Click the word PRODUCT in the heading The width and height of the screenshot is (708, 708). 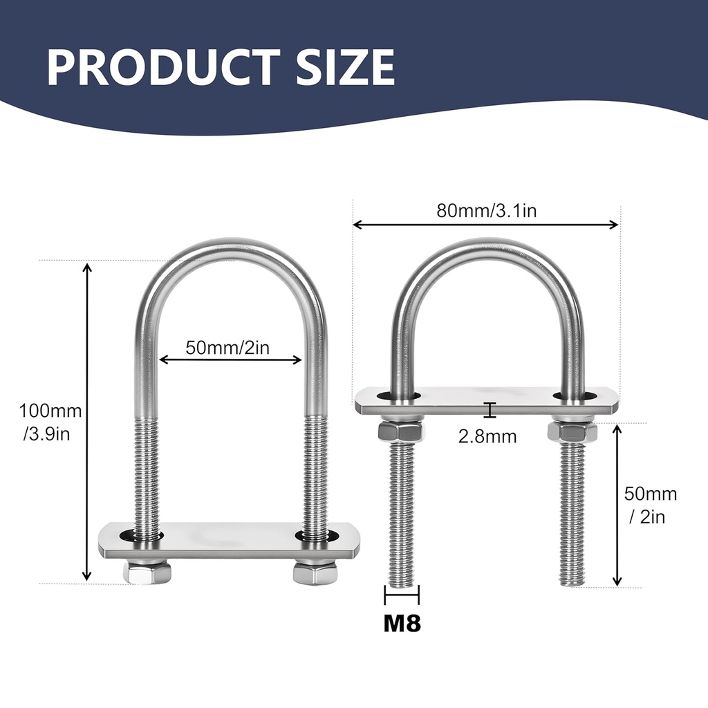[164, 68]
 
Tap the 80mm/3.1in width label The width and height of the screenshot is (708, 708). [486, 211]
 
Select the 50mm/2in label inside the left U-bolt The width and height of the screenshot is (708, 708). [227, 348]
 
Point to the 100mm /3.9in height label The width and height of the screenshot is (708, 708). [50, 422]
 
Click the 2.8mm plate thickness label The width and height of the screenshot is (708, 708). [487, 437]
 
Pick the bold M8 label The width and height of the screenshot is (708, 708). [402, 624]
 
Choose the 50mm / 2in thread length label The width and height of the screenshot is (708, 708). [650, 505]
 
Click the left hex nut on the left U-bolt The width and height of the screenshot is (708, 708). [147, 571]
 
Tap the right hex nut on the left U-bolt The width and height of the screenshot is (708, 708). [315, 571]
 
